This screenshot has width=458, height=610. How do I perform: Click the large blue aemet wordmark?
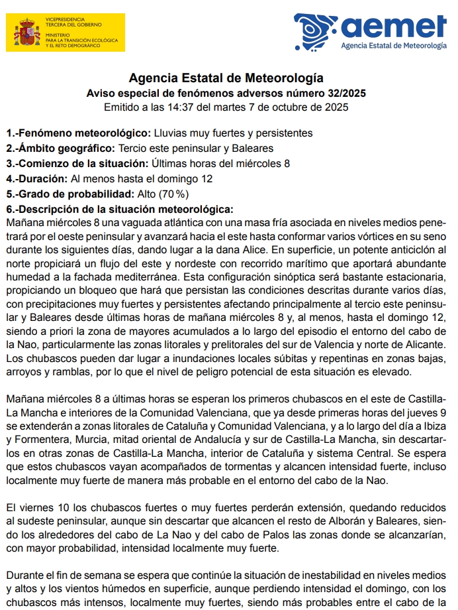393,26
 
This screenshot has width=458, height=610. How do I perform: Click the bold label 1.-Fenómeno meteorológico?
79,133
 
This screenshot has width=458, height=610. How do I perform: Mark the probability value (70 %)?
173,194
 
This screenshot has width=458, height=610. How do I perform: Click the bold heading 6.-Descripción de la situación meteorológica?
120,210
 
